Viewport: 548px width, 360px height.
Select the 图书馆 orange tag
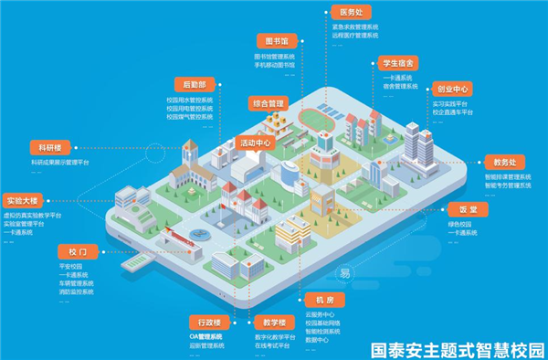click(275, 42)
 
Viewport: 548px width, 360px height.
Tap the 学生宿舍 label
click(398, 64)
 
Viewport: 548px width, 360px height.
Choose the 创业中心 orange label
click(449, 90)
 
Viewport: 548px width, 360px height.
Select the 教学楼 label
click(272, 322)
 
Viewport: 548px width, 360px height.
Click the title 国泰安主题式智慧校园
click(457, 349)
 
